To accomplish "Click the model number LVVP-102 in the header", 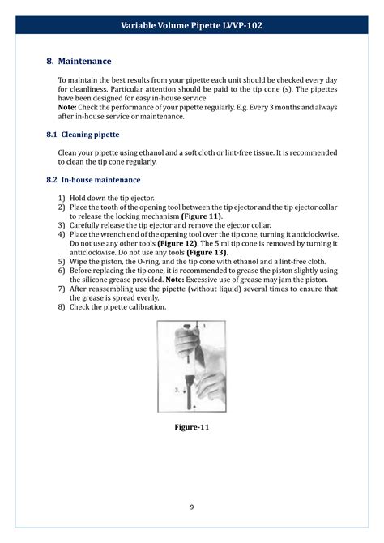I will (x=240, y=25).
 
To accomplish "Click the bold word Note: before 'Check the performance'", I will (x=68, y=107).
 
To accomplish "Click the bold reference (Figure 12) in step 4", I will (x=182, y=243).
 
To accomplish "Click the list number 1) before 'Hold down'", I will (x=62, y=199).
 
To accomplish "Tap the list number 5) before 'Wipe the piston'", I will (x=62, y=261).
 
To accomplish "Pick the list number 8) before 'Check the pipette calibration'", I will (x=62, y=306).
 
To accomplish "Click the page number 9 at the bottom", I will (x=192, y=507).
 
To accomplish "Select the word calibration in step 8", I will (x=147, y=306).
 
